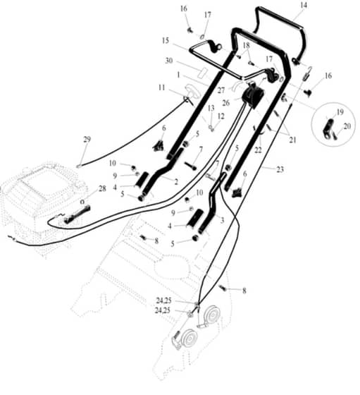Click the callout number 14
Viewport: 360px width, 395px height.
304,5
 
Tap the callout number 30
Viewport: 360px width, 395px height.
169,61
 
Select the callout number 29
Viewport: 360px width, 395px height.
87,140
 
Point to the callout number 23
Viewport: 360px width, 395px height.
280,169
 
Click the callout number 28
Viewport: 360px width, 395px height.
102,188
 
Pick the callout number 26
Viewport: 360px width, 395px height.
226,103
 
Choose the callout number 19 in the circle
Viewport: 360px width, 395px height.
340,112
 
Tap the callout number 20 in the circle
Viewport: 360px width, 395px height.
347,126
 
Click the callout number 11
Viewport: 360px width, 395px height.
162,87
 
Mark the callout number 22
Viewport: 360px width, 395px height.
258,150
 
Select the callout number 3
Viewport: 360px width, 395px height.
222,220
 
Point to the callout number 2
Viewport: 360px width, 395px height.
176,182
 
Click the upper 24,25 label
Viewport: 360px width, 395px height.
163,300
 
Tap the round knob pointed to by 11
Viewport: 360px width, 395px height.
192,91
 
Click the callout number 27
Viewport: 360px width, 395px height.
221,90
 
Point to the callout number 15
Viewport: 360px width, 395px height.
166,41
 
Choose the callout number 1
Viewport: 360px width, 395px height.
179,75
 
